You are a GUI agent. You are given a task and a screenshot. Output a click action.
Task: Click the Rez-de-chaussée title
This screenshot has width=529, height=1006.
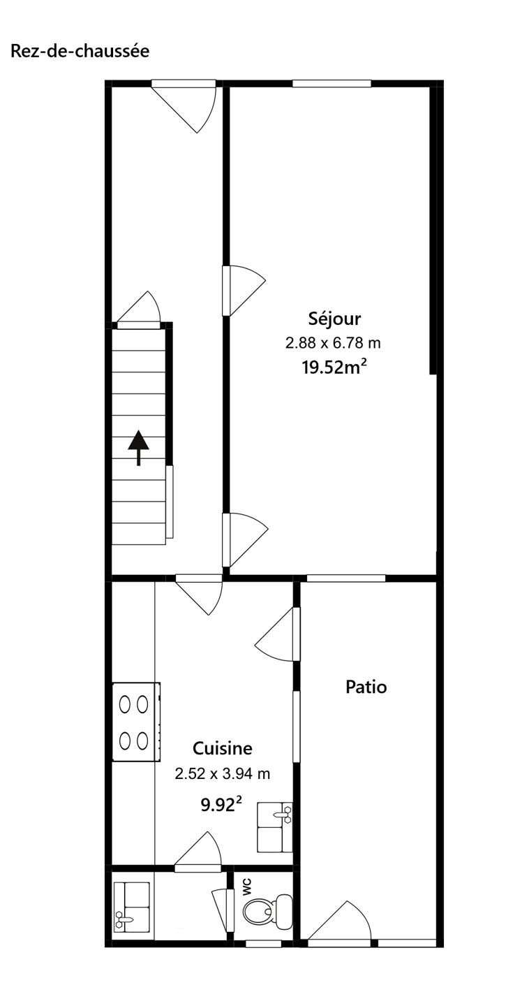pos(80,51)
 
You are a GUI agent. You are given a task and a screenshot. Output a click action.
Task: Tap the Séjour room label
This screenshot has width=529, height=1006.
pos(334,319)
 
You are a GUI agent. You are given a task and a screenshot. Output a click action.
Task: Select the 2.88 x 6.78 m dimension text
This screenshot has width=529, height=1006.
pos(333,344)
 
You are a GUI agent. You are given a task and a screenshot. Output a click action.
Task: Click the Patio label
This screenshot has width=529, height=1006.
pos(366,687)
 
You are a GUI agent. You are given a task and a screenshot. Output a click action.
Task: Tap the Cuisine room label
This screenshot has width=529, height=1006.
pos(223,749)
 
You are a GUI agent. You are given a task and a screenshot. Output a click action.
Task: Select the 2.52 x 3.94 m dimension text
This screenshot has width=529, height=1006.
pos(223,774)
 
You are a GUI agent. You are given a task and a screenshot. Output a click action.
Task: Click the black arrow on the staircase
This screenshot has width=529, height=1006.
pos(139,448)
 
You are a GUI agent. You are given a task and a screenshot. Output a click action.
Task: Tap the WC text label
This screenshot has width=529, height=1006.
pos(247,887)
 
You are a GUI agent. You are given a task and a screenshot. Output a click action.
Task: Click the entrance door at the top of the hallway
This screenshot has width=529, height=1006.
pos(184,106)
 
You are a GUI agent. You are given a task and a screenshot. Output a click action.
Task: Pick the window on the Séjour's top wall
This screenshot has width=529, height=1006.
pos(332,84)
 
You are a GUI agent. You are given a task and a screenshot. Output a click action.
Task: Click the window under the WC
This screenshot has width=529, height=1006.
pos(263,944)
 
